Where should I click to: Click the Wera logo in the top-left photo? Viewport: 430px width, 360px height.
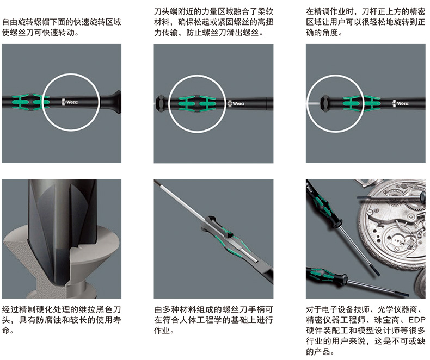(70, 102)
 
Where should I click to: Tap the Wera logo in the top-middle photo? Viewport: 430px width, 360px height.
(236, 103)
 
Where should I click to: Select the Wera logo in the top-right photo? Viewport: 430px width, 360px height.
(401, 103)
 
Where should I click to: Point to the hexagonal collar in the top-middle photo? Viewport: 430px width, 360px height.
(161, 103)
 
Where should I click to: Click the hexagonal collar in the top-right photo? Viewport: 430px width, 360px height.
(325, 103)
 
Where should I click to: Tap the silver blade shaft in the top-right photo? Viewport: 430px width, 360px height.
(313, 103)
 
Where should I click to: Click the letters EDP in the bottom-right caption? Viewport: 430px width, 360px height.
(416, 320)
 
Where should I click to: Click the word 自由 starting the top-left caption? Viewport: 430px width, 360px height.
(10, 22)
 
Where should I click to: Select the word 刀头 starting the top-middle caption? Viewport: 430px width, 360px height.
(162, 11)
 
